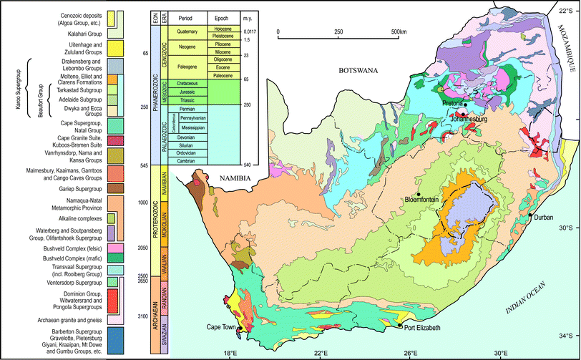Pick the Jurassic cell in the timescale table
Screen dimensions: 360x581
pyautogui.click(x=188, y=92)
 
